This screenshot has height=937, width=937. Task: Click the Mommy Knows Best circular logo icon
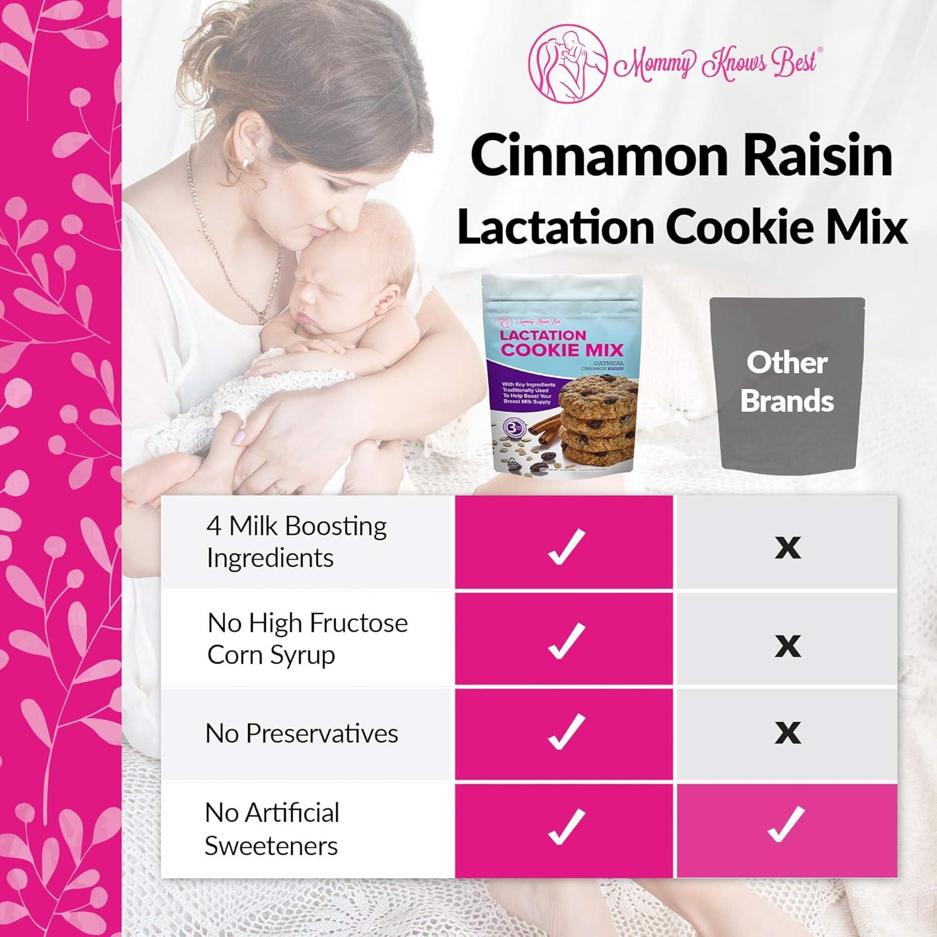[567, 64]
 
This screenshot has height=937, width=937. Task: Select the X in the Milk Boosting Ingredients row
[787, 547]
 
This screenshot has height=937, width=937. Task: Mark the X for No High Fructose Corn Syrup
[787, 645]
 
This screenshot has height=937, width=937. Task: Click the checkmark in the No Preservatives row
[565, 732]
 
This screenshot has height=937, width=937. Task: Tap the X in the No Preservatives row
[787, 732]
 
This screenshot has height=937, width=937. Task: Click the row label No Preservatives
[302, 733]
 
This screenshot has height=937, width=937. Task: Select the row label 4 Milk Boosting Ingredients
[297, 542]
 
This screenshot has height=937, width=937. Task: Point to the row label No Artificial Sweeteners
[272, 829]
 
